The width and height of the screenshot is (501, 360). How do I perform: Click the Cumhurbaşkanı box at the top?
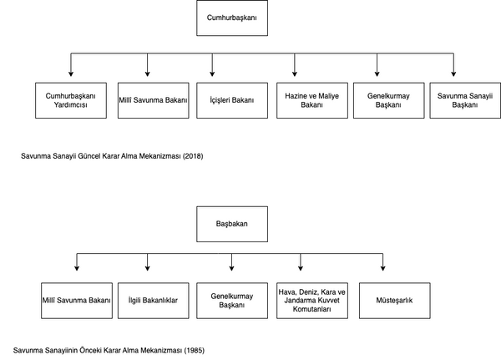click(x=232, y=18)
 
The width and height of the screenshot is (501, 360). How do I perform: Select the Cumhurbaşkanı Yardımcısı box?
click(x=71, y=100)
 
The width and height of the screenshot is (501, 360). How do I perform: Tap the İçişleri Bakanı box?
click(x=232, y=100)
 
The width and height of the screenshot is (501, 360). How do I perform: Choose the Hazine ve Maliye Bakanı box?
click(x=312, y=100)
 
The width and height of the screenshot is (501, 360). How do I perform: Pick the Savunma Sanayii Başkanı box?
click(x=465, y=100)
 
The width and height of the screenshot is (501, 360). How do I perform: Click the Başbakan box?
click(x=232, y=224)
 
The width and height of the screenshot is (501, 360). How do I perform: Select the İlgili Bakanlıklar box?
click(x=154, y=301)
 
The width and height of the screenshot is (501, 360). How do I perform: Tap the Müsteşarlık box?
click(x=395, y=301)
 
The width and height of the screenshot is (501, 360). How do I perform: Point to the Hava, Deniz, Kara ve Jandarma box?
click(x=312, y=301)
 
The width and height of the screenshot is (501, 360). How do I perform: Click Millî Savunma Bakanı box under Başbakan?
click(x=77, y=301)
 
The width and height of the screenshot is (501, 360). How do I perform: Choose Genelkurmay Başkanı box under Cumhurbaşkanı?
click(x=389, y=100)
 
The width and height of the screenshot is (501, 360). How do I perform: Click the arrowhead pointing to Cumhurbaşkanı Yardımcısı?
click(x=71, y=74)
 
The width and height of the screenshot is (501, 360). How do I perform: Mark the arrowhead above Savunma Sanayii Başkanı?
click(x=453, y=74)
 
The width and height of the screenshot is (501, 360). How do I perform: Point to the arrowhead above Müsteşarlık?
click(x=382, y=268)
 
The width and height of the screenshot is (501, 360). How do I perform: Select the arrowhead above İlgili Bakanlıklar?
click(x=147, y=268)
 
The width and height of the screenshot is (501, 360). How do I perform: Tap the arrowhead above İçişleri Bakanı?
click(x=212, y=74)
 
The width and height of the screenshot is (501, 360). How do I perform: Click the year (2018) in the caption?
click(x=193, y=156)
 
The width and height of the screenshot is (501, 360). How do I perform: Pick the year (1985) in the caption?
click(x=195, y=351)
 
